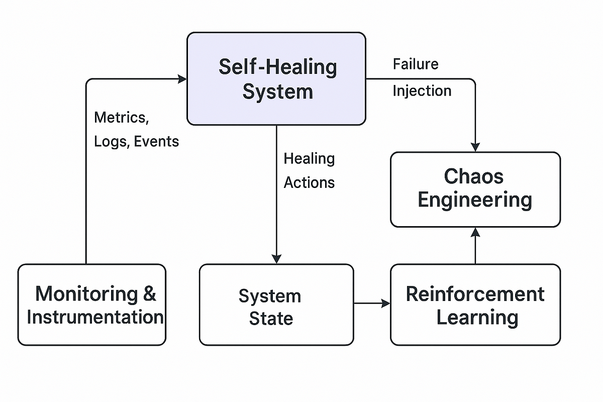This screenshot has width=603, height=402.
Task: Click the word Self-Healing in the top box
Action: click(277, 67)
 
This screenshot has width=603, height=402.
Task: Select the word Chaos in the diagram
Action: click(474, 176)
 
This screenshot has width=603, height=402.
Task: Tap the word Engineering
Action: click(474, 200)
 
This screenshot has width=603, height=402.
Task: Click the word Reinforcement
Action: click(475, 294)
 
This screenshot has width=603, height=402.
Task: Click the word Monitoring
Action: click(86, 293)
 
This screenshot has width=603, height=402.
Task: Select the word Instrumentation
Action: click(95, 317)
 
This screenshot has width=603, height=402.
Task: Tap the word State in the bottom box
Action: click(271, 319)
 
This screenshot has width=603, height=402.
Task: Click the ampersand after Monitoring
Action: click(150, 293)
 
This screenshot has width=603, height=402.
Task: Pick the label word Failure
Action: click(416, 64)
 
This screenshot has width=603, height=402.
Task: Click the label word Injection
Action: click(422, 91)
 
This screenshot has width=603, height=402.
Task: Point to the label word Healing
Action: click(309, 159)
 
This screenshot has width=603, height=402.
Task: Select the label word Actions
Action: click(309, 182)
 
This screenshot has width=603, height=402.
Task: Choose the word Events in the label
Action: click(157, 142)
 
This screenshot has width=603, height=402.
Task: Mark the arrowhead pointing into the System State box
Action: click(276, 259)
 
